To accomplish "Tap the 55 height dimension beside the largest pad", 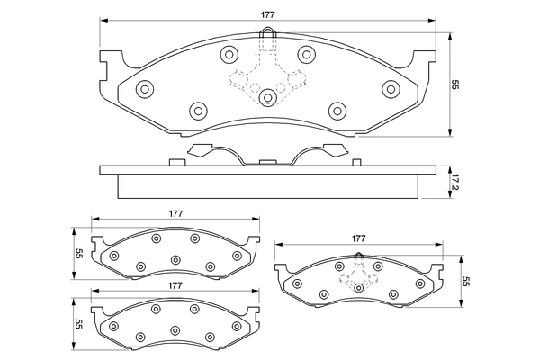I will coord(456,85).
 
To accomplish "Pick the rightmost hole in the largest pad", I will coord(390,88).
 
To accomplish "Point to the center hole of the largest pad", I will coord(267,97).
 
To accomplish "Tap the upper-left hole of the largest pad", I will coord(227,53).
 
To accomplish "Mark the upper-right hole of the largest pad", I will coord(306,53).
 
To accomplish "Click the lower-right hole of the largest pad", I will coord(337,110).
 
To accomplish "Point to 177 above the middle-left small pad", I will coord(175,213).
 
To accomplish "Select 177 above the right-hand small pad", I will coord(358,238).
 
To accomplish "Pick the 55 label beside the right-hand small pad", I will coord(466,281).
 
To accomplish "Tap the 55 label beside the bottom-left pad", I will coord(78,324).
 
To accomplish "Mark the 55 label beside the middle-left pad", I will coord(78,254).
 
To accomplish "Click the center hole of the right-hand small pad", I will coord(358,287).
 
